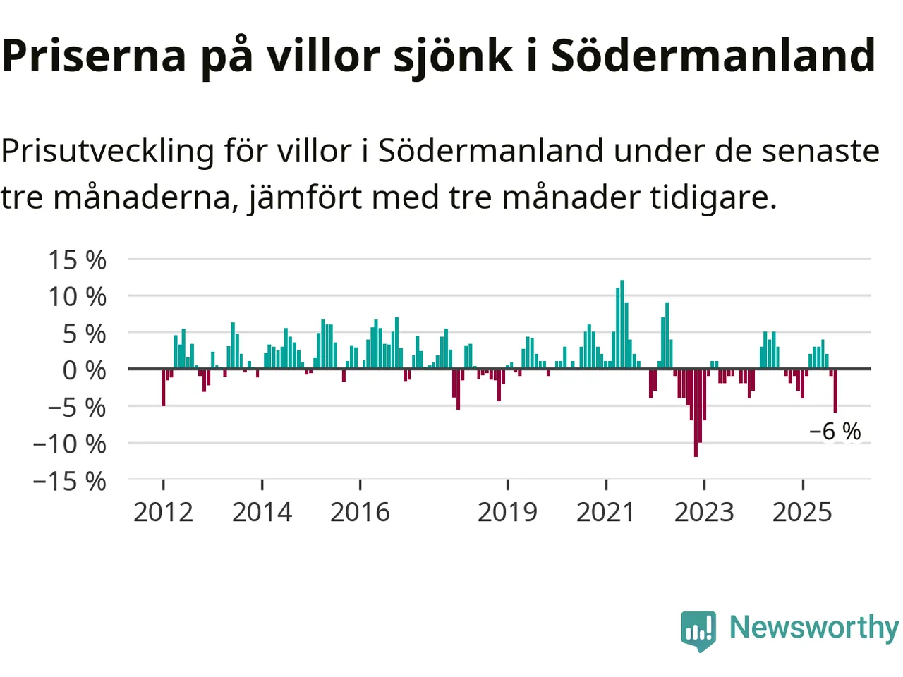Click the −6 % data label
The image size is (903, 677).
coord(835,431)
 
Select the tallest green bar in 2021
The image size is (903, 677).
coord(622,324)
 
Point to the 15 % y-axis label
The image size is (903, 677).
coord(77,260)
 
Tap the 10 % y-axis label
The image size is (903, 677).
coord(77,297)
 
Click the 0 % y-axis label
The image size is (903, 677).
coord(84,370)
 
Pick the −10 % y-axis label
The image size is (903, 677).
coord(69,444)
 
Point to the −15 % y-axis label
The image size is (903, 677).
coord(69,482)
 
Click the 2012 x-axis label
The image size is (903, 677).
coord(163,513)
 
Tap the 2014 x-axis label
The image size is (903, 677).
coord(262,513)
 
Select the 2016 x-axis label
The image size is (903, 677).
coord(360,513)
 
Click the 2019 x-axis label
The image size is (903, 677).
coord(507,513)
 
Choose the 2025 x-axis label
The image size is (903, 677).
coord(802,513)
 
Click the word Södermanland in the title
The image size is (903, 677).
coord(713,55)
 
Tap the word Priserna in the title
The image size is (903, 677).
coord(94,55)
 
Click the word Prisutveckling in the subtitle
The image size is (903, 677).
coord(107,151)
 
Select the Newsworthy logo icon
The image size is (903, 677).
coord(698,629)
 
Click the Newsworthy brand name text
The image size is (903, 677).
coord(814,627)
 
